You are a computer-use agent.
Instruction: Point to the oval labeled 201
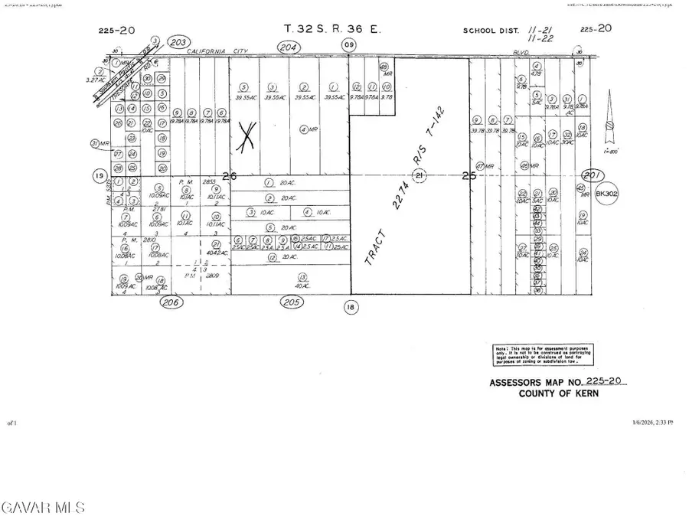point(593,174)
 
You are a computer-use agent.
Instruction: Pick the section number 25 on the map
point(469,175)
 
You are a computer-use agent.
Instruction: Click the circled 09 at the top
point(349,46)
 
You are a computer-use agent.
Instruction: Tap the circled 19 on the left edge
point(99,176)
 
